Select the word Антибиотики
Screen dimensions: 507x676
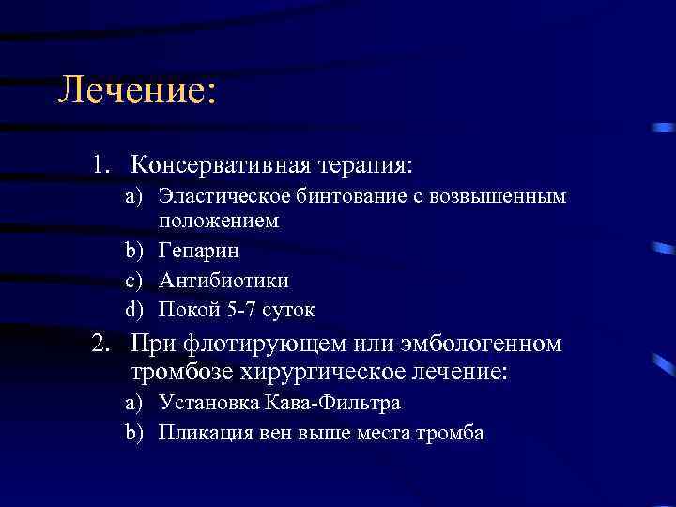point(224,280)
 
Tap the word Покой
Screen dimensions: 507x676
point(186,309)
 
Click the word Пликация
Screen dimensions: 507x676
point(200,433)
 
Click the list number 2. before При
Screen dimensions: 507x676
point(102,344)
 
